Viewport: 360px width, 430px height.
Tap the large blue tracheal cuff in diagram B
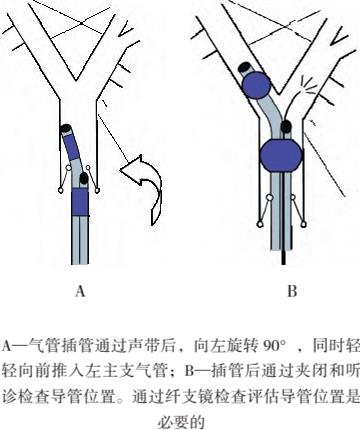click(282, 155)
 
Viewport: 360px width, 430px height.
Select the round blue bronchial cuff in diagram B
click(256, 85)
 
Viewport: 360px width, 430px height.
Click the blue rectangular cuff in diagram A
click(80, 202)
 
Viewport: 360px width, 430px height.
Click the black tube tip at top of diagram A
click(66, 128)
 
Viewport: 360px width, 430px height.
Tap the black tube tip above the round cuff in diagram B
click(246, 67)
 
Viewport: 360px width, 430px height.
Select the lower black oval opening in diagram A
click(84, 178)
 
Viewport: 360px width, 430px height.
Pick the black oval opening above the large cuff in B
click(285, 127)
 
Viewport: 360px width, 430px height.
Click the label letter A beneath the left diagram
click(80, 291)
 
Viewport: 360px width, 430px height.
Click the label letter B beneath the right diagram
click(292, 291)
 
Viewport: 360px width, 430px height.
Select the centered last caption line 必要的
click(181, 422)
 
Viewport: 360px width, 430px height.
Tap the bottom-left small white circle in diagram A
click(61, 190)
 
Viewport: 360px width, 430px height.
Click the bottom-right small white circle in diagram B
click(303, 225)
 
